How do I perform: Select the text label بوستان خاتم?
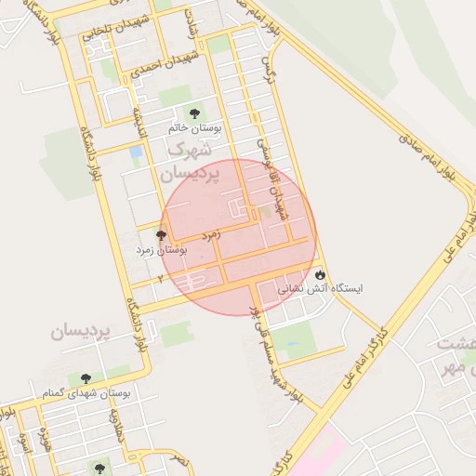coord(193,127)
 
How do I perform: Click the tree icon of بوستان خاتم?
coord(193,112)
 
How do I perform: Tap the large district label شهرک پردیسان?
coord(189,161)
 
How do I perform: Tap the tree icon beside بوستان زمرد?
coord(162,236)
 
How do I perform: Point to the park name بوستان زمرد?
coord(163,250)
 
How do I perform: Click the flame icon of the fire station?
coord(321,275)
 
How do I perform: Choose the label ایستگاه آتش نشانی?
coord(321,289)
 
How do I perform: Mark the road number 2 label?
coord(160,278)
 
